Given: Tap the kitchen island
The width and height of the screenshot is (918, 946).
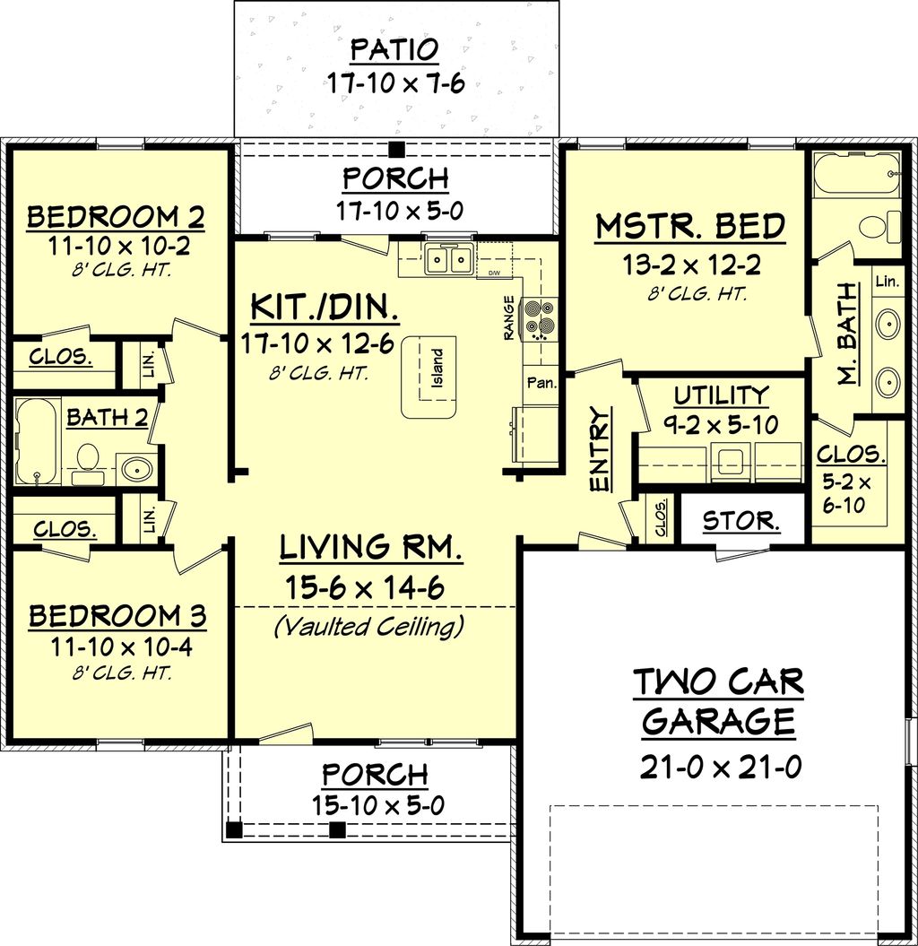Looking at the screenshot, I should click(428, 377).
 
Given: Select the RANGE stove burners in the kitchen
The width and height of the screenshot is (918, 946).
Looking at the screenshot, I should click(541, 318).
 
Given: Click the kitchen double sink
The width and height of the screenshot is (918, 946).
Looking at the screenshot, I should click(449, 260).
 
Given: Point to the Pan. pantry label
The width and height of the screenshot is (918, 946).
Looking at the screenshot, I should click(541, 383).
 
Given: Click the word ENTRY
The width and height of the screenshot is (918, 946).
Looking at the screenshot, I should click(599, 450).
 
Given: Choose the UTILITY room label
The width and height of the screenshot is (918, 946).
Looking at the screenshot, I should click(721, 395).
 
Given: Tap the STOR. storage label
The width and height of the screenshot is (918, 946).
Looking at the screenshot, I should click(740, 520).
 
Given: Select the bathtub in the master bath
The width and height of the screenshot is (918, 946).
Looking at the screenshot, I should click(855, 174).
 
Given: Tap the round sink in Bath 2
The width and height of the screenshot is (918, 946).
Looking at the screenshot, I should click(137, 468).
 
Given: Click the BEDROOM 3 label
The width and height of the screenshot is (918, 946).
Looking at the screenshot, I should click(117, 617).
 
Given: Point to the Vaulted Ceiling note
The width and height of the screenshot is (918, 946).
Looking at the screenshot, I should click(368, 626).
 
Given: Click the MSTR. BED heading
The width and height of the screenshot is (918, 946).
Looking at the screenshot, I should click(690, 228).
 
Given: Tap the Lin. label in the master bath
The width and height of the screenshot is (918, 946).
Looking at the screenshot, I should click(886, 282).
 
